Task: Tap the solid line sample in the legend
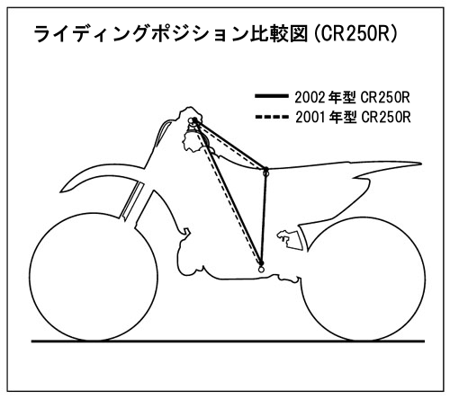271,96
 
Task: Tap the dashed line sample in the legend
271,117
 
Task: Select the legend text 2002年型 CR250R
352,97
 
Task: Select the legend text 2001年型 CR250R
353,118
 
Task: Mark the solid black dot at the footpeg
261,263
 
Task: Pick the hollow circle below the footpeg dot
261,270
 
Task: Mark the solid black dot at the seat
265,170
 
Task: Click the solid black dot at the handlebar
194,120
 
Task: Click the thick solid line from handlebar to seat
229,145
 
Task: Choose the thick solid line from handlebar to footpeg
228,191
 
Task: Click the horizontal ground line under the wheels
228,341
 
